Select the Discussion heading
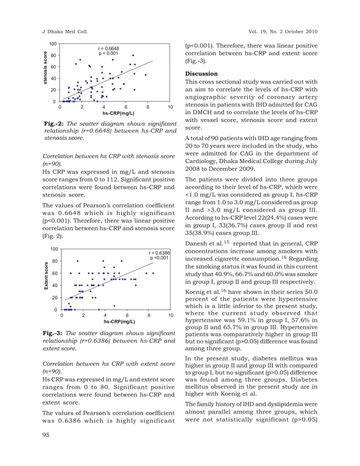pos(201,73)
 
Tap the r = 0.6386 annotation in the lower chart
pos(159,253)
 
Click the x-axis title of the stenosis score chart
pos(118,113)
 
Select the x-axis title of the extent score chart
pos(119,321)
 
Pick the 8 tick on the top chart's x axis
pos(148,107)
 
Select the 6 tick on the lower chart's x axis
pos(127,315)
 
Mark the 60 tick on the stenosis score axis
pos(53,67)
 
